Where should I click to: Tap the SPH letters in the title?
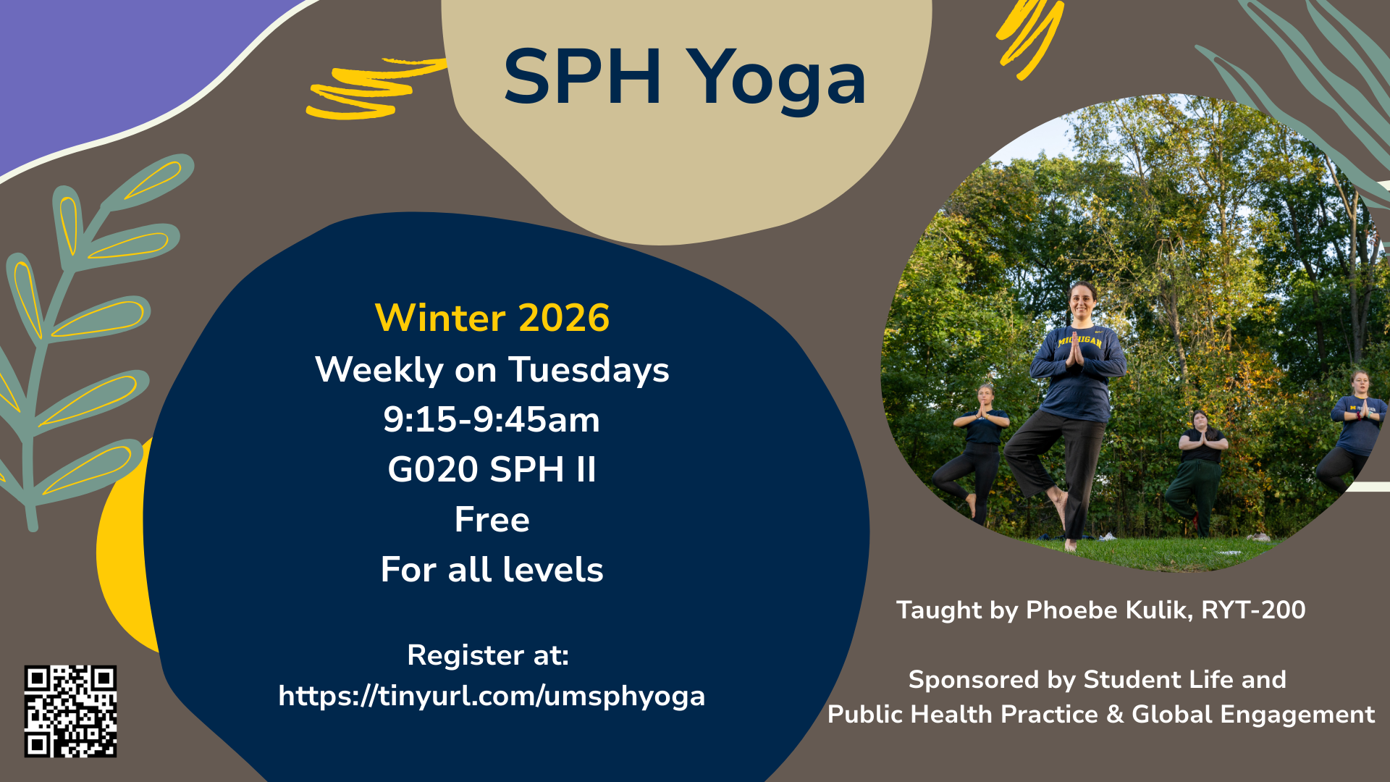click(x=582, y=77)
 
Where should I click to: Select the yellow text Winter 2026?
click(x=492, y=318)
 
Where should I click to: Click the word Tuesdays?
click(x=589, y=370)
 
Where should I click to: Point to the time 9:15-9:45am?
click(x=492, y=420)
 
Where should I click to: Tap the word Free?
click(x=492, y=520)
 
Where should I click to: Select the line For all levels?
click(x=492, y=570)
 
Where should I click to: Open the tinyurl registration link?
click(x=492, y=696)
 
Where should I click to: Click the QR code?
click(x=70, y=711)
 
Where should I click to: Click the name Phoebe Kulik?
click(x=1108, y=610)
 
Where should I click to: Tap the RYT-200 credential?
click(x=1253, y=610)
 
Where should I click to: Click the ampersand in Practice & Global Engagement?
click(x=1115, y=715)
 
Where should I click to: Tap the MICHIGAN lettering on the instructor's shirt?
click(x=1079, y=340)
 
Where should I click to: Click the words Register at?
click(x=488, y=655)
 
